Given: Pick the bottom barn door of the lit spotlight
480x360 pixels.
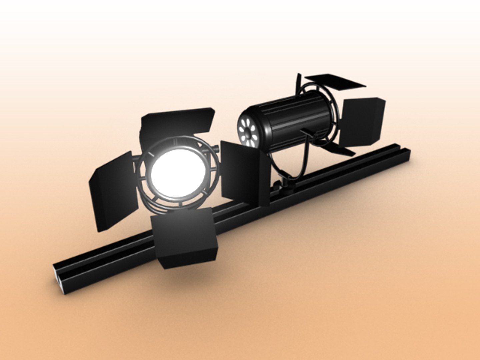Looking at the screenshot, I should tap(185, 237).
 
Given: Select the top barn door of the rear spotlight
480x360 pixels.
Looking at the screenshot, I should tap(335, 82).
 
